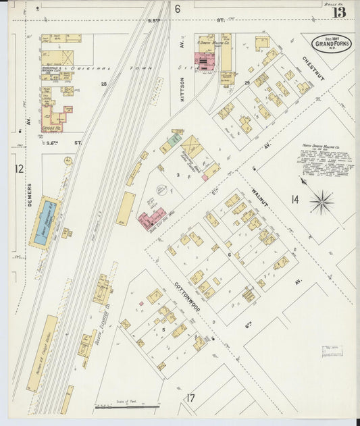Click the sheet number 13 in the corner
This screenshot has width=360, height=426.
(338, 10)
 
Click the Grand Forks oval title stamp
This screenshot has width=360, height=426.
(331, 43)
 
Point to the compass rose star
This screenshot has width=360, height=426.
(322, 201)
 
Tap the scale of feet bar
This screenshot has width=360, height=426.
(126, 407)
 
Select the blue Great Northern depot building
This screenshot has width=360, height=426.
(45, 222)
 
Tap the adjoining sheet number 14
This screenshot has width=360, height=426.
(294, 199)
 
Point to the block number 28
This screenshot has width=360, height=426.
(104, 84)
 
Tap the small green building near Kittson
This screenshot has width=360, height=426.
(174, 139)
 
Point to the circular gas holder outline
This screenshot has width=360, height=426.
(162, 191)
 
